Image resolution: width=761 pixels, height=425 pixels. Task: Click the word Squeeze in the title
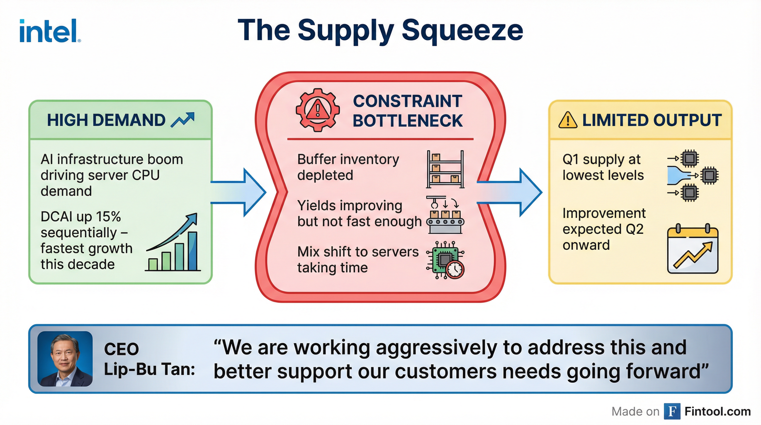pyautogui.click(x=462, y=30)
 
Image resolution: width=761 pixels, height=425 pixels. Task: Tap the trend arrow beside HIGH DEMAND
pyautogui.click(x=183, y=120)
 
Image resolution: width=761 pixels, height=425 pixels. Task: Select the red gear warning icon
pyautogui.click(x=317, y=110)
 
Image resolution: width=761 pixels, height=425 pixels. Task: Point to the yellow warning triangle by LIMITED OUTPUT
pyautogui.click(x=567, y=120)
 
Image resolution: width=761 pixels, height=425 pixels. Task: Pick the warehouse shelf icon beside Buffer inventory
pyautogui.click(x=445, y=169)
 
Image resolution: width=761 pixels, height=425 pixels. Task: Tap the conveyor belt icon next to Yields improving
pyautogui.click(x=445, y=215)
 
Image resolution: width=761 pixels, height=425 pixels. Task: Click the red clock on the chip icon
pyautogui.click(x=455, y=269)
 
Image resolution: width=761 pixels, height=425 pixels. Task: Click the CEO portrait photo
pyautogui.click(x=65, y=359)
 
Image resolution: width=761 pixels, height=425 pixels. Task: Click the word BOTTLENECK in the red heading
pyautogui.click(x=408, y=121)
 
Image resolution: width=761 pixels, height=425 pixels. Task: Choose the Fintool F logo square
pyautogui.click(x=672, y=411)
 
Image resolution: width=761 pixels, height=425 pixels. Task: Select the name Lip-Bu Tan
pyautogui.click(x=149, y=369)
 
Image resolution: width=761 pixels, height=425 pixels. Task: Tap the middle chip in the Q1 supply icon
pyautogui.click(x=709, y=175)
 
